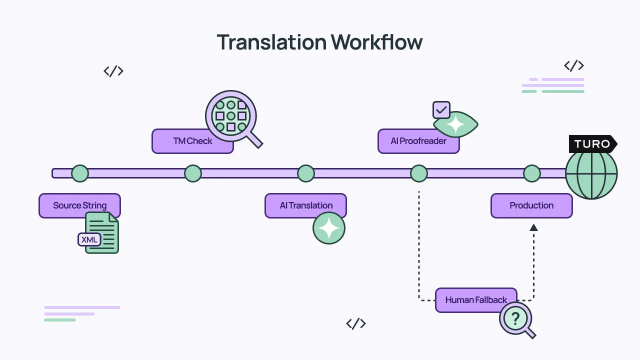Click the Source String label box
(x=79, y=205)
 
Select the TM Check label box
(x=192, y=141)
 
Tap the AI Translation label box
(x=305, y=205)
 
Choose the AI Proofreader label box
(x=418, y=141)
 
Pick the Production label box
(x=531, y=205)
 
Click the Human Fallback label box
(x=475, y=300)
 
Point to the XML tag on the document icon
(x=89, y=239)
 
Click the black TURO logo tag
(x=592, y=144)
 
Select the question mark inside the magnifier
(x=515, y=318)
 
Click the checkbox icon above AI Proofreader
(x=441, y=109)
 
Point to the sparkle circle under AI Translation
(x=329, y=228)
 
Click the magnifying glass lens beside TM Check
(x=231, y=115)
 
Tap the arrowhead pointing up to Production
(x=533, y=227)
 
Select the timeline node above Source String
(x=80, y=173)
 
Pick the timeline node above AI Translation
(x=306, y=173)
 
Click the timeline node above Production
(x=532, y=173)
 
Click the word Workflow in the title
(x=376, y=42)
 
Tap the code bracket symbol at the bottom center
(x=356, y=323)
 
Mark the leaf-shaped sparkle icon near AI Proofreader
(x=456, y=124)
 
